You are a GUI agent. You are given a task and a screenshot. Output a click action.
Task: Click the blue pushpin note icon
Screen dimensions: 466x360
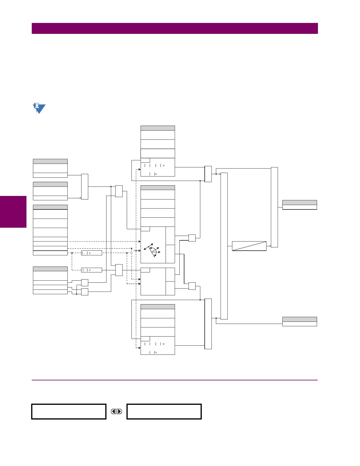39,108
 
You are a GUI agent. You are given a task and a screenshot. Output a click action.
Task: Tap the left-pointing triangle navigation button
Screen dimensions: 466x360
114,411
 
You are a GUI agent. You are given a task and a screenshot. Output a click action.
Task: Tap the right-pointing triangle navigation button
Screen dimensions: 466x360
119,411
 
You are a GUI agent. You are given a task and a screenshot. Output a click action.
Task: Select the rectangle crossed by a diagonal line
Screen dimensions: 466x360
249,246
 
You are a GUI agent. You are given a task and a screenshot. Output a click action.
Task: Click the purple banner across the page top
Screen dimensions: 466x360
175,28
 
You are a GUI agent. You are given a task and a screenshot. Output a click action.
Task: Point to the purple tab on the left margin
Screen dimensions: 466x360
13,212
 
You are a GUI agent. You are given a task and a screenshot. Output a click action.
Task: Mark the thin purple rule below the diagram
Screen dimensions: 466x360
175,380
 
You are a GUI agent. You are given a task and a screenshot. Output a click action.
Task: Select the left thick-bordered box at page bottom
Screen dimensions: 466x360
69,411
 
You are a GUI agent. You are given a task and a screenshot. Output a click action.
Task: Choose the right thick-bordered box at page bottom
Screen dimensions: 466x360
164,411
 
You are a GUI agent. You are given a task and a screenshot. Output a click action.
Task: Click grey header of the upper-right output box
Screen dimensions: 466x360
299,202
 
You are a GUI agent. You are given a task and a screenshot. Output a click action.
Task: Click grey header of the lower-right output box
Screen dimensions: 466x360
299,319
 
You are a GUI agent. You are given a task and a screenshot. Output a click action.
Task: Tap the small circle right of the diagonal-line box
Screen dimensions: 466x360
270,246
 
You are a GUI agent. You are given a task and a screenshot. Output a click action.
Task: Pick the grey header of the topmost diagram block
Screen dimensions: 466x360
158,128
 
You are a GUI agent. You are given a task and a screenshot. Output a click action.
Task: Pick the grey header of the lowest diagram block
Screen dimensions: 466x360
158,307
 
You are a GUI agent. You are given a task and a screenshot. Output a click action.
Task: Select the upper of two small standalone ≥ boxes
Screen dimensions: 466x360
91,253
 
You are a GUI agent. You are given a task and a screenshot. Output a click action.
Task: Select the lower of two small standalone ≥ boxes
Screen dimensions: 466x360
91,270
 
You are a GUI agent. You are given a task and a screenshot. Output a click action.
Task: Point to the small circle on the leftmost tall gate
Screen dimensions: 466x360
81,198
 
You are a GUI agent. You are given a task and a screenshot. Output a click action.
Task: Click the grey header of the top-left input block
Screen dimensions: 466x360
50,161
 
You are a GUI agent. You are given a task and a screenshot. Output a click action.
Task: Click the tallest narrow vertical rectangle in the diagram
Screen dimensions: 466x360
224,246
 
